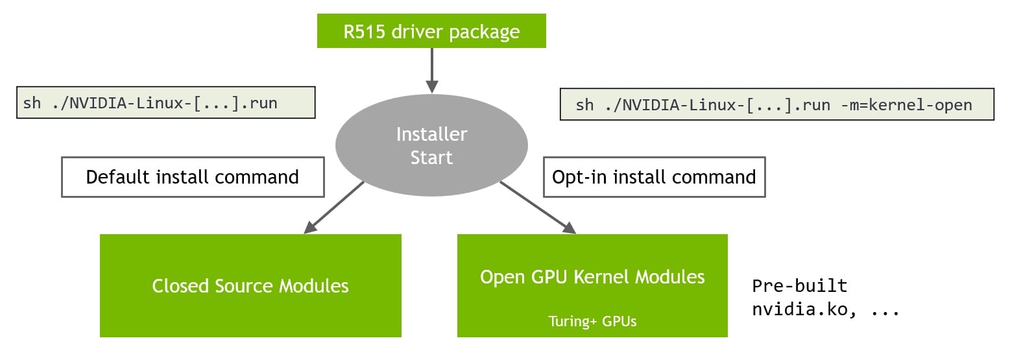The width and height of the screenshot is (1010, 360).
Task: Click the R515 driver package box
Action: (x=431, y=32)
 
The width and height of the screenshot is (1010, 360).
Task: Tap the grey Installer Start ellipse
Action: (x=431, y=146)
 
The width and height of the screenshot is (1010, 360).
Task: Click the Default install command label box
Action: (x=193, y=177)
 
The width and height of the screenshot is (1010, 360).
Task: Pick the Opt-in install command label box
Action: (x=654, y=177)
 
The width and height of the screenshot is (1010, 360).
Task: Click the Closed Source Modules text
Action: (x=250, y=286)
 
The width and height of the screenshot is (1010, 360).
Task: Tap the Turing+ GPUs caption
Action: (x=592, y=321)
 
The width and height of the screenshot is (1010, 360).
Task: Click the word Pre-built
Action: (x=799, y=285)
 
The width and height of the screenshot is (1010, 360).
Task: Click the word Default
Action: (x=119, y=177)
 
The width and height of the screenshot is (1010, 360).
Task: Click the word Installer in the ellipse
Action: (x=431, y=134)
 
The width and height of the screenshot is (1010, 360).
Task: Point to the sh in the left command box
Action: (x=31, y=102)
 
